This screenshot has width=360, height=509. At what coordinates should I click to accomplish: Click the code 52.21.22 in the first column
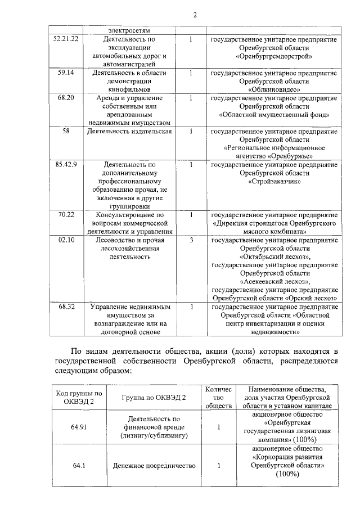point(65,39)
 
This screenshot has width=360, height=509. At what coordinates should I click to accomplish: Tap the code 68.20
point(65,98)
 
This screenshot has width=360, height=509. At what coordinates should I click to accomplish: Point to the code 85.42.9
point(65,165)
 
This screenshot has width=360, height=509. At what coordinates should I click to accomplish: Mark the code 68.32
point(65,307)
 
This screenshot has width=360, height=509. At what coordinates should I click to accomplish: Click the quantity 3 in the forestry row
point(191,240)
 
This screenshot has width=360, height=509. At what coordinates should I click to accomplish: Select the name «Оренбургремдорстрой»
point(274,56)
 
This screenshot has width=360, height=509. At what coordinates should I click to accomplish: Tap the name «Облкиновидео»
point(274,89)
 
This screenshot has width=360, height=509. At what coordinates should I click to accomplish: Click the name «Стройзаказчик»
point(274,182)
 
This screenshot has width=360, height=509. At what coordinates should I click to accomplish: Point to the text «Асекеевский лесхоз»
point(274,282)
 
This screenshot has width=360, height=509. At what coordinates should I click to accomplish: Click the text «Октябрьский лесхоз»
point(274,257)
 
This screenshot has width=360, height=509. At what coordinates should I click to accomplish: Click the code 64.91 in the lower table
point(78,427)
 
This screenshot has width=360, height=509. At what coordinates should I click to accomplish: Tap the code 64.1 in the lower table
point(78,466)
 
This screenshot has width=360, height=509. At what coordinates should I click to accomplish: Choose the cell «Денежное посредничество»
point(153,466)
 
